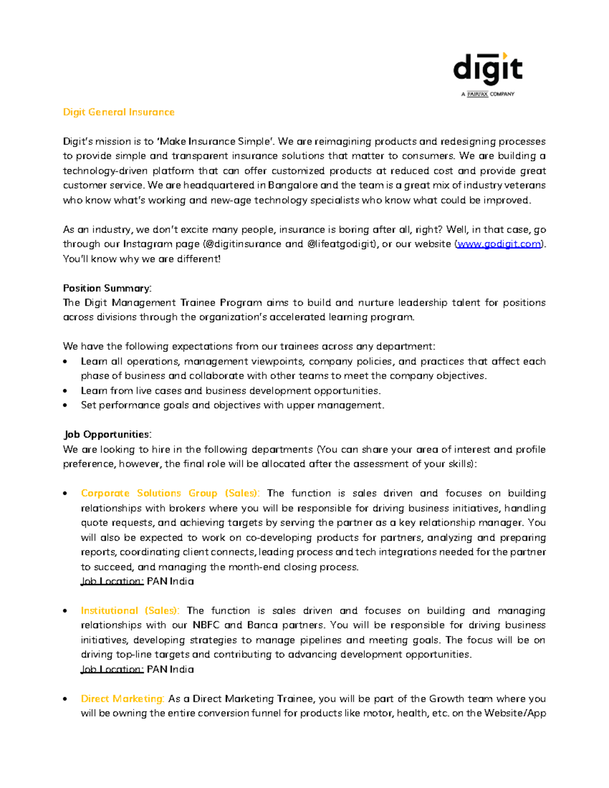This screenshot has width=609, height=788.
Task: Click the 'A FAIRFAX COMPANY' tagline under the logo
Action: coord(488,94)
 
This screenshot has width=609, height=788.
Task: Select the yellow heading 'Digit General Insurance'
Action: coord(118,112)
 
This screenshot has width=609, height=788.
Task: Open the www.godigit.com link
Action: coord(499,244)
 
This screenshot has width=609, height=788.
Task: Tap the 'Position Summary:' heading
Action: coord(107,288)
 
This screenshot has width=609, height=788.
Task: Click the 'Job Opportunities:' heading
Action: coord(108,434)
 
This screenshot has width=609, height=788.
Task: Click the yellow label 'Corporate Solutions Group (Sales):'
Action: coord(170,493)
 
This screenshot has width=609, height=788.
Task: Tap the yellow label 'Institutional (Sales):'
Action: coord(130,610)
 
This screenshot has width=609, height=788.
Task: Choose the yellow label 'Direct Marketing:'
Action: coord(122,699)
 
